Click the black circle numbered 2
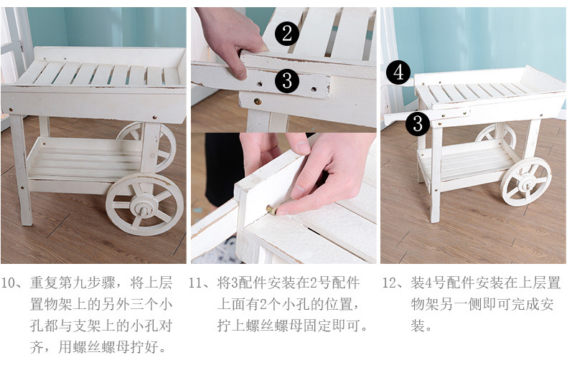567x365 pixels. pos(287,34)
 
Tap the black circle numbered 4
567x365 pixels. pos(398,72)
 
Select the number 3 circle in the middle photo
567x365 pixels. pos(287,80)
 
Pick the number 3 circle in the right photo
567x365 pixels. pos(418,123)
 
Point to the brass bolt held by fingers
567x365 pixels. pos(271,209)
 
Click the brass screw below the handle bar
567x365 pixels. pos(258,102)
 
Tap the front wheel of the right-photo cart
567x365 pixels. pos(526,181)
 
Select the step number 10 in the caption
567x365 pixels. pos(9,283)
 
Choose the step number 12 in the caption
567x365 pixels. pos(390,283)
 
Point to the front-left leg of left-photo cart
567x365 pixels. pos(22,170)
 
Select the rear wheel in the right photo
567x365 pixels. pos(495,136)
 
